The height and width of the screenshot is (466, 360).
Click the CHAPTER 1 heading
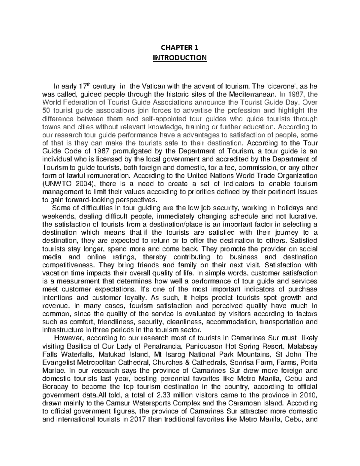(x=180, y=47)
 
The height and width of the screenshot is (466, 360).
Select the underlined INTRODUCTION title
(x=180, y=57)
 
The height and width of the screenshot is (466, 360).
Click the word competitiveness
(x=69, y=265)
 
